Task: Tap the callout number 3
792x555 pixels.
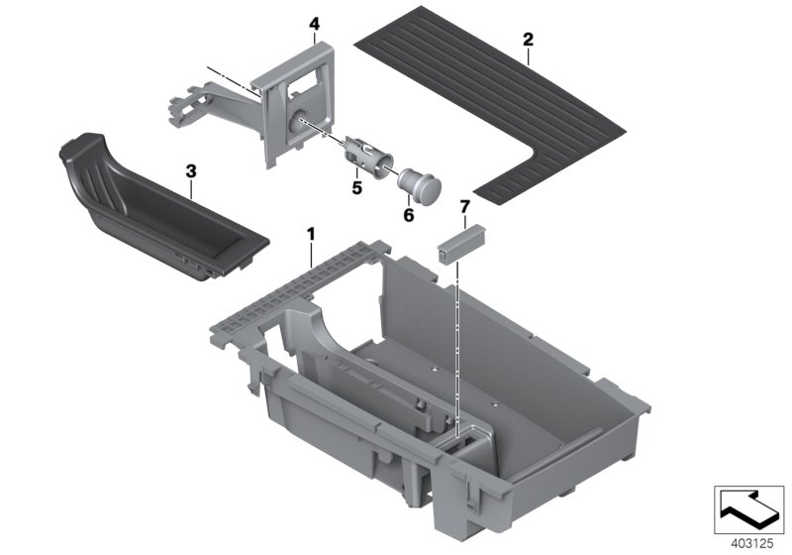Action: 191,171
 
